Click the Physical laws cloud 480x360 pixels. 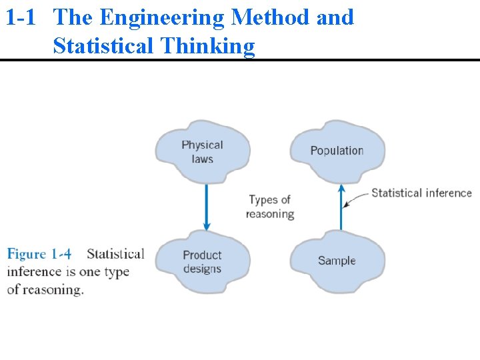click(x=202, y=152)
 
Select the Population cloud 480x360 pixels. click(x=337, y=151)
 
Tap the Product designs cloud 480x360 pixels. click(x=202, y=262)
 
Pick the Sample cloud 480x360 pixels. click(x=337, y=261)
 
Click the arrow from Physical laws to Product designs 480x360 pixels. click(x=206, y=207)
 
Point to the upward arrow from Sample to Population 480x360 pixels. click(x=341, y=207)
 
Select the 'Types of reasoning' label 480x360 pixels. click(x=269, y=207)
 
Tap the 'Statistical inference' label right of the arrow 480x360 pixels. click(x=421, y=193)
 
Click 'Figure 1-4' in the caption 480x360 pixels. click(x=39, y=254)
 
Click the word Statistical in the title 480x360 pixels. click(x=103, y=46)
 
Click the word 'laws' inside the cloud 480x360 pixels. click(x=202, y=159)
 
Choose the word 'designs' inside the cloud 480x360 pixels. click(x=202, y=269)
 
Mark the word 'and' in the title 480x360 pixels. click(x=335, y=17)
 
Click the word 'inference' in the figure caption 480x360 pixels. click(x=34, y=272)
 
